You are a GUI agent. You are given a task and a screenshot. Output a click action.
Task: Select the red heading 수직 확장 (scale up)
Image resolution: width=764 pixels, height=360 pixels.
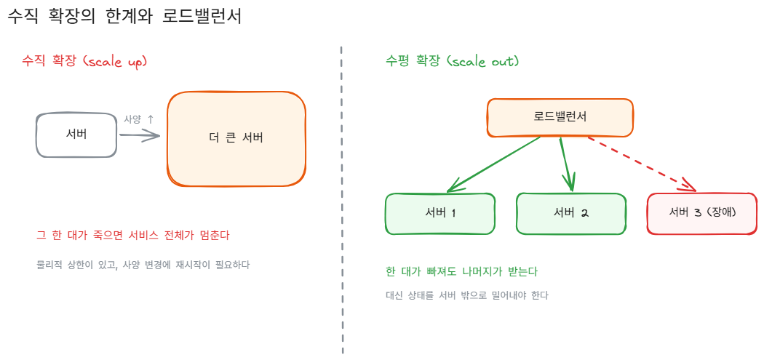84,61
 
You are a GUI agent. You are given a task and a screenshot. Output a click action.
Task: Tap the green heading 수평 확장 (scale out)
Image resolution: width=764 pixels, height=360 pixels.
452,61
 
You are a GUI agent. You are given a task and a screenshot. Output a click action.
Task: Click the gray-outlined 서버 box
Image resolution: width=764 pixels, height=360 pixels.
76,135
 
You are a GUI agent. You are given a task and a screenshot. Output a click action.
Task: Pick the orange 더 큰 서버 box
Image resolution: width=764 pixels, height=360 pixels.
236,138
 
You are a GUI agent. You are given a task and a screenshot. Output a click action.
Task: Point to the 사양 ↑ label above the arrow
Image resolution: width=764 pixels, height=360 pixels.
139,119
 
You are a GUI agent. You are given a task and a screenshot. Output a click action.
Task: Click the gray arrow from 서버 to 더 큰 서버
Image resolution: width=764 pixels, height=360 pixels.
140,137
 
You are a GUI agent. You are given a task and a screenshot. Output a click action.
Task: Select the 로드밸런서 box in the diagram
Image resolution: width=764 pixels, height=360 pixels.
560,117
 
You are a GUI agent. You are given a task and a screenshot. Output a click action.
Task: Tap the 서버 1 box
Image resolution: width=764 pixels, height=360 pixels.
440,214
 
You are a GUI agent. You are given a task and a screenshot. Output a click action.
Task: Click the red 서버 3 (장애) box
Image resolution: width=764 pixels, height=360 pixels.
702,213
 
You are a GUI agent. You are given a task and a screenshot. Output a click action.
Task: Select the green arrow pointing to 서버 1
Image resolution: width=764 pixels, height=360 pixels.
494,164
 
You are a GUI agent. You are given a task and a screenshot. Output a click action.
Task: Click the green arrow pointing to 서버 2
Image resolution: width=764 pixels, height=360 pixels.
567,164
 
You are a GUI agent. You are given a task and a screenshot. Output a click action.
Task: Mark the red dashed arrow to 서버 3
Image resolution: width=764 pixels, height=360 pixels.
642,164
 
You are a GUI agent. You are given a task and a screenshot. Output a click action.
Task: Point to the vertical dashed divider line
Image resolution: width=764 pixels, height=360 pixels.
342,200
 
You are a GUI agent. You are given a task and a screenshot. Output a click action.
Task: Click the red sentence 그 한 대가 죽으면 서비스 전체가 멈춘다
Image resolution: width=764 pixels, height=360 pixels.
133,236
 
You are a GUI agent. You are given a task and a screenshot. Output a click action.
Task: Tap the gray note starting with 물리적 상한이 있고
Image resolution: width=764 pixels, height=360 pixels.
143,265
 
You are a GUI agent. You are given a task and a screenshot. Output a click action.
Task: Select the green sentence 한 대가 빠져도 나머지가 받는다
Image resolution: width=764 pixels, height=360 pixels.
461,272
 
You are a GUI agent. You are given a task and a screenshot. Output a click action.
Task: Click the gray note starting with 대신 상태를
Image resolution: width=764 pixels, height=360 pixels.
467,295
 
